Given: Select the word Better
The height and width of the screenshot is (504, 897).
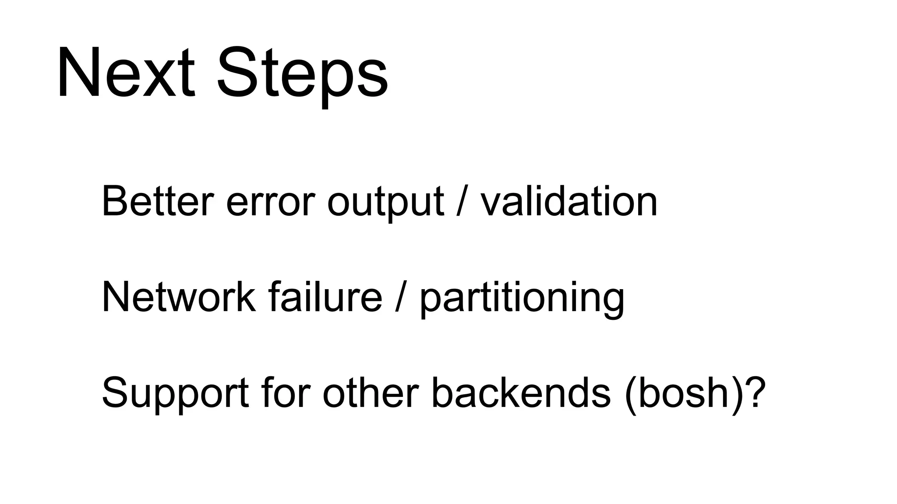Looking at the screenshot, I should pos(158,202).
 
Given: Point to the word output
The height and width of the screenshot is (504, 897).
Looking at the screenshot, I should pos(385,203).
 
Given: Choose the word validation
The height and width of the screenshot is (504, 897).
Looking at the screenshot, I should pos(569,202).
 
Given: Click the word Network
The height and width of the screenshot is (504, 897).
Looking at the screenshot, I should pos(178,297).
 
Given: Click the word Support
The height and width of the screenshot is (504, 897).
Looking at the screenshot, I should pos(175,394).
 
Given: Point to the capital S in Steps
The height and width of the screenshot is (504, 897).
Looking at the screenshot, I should pos(239,72).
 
